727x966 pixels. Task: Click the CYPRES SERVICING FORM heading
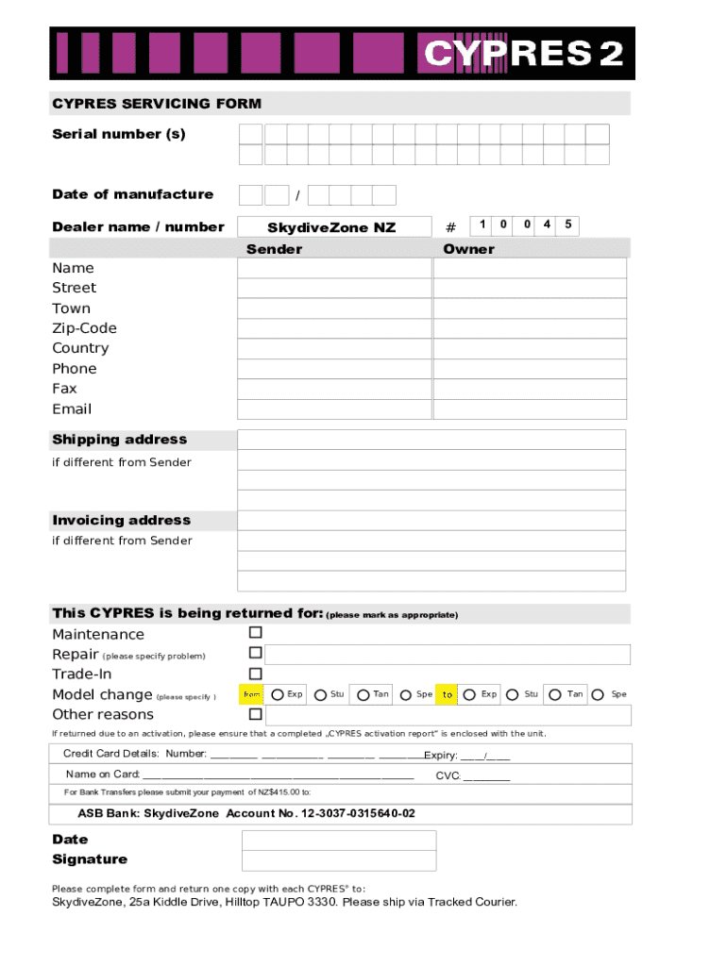157,104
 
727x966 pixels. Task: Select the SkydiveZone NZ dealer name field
331,227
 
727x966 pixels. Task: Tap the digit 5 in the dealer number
567,225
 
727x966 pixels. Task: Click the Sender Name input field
333,269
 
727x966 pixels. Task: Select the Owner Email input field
530,409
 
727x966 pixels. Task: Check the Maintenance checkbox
255,633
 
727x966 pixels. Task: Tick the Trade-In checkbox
255,674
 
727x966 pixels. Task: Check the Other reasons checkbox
255,714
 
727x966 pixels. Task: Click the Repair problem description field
448,654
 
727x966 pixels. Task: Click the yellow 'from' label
252,694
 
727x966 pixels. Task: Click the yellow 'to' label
448,694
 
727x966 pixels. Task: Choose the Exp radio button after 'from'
278,695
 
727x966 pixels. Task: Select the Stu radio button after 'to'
513,695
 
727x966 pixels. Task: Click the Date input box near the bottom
339,841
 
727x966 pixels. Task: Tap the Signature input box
339,860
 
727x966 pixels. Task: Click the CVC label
448,775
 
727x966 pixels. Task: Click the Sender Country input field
333,349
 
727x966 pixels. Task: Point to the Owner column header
468,249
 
